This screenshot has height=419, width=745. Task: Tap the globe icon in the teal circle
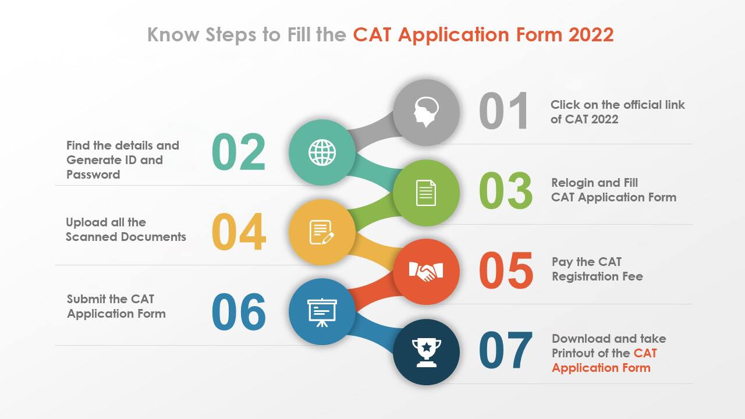322,153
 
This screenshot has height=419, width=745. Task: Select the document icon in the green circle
426,193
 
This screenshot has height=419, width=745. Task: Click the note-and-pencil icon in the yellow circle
322,232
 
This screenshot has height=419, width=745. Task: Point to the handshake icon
426,271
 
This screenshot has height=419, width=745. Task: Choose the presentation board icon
322,312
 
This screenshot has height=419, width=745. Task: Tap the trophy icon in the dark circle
426,352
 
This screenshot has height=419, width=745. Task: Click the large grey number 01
504,111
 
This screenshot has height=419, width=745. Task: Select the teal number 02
239,152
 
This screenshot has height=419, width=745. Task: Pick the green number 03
506,191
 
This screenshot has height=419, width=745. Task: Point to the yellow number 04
239,232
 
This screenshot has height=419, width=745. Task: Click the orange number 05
506,271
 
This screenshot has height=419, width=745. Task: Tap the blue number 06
239,312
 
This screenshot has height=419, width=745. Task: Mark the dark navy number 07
506,351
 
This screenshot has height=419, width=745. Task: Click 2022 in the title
591,35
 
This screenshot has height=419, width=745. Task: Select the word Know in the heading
173,35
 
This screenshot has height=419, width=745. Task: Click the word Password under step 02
93,175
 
